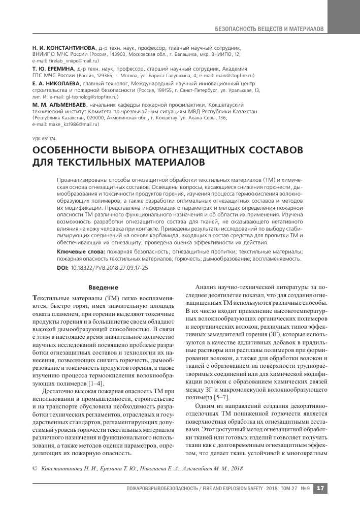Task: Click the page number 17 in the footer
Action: (320, 488)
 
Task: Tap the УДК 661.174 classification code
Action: (43, 139)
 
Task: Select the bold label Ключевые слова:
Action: (81, 251)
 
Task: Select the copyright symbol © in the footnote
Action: (35, 468)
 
